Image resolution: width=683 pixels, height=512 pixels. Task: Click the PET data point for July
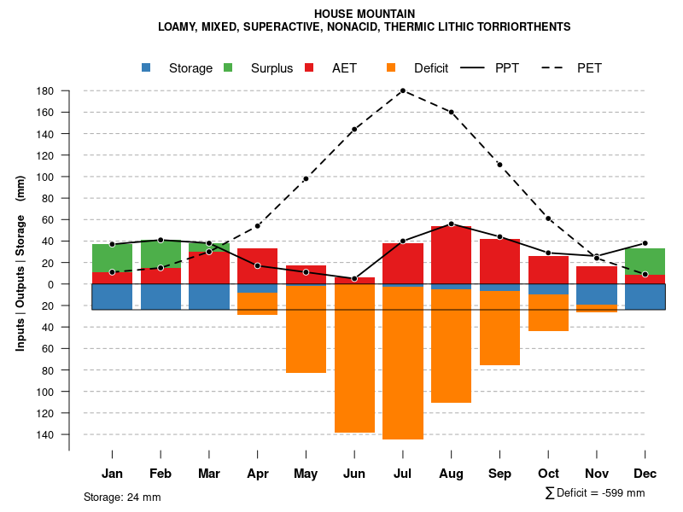click(402, 90)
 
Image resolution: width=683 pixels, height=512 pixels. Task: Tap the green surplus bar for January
click(112, 258)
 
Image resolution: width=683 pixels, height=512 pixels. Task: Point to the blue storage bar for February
click(161, 296)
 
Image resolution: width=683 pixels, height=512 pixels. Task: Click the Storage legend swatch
click(147, 67)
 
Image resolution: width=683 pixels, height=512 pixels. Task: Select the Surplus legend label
click(271, 68)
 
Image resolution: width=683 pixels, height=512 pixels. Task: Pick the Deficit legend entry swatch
click(392, 67)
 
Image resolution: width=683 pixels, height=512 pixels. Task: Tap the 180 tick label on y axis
click(45, 91)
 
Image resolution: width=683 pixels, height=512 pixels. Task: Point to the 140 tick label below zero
click(45, 434)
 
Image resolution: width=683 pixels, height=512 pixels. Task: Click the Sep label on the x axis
click(499, 474)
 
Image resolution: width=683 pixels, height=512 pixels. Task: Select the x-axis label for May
click(306, 474)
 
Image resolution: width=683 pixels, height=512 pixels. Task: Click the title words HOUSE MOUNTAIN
click(365, 14)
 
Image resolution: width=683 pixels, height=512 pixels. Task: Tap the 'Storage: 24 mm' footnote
click(122, 497)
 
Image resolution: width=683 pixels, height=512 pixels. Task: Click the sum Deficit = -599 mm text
click(595, 492)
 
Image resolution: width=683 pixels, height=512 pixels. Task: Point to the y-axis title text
click(20, 263)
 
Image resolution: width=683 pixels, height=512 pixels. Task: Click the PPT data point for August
click(451, 224)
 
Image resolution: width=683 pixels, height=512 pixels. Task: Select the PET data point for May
click(306, 178)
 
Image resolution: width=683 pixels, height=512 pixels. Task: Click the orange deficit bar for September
click(499, 329)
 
